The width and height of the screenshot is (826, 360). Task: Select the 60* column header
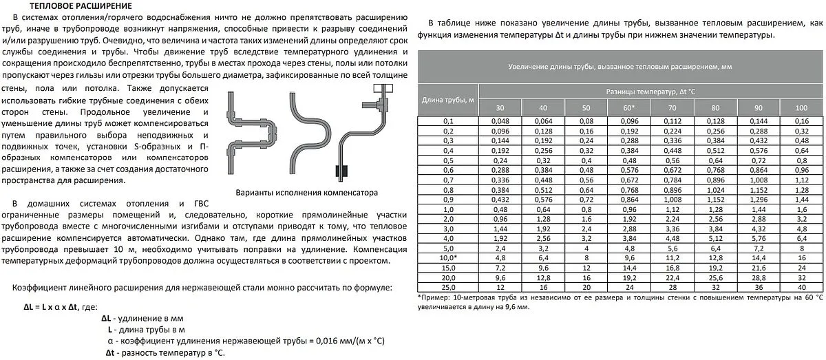coord(628,109)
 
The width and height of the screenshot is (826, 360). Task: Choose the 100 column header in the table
coord(801,109)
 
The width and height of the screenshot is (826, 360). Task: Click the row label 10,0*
coord(447,257)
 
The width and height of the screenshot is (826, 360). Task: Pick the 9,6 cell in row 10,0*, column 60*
coord(628,257)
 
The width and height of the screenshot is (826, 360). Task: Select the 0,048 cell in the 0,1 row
coord(500,122)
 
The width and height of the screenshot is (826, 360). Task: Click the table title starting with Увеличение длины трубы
coord(619,67)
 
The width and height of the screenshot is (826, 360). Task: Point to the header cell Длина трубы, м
coord(447,100)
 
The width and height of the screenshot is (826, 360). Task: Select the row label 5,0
coord(447,247)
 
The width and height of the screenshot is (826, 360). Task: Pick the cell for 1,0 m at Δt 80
coord(715,208)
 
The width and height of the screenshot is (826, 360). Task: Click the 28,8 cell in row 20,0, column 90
coord(758,277)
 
